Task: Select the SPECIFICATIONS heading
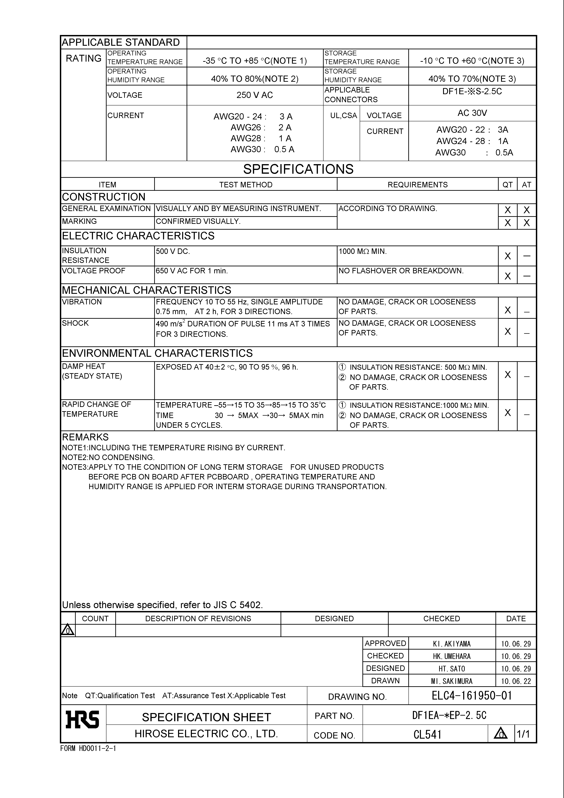tap(298, 169)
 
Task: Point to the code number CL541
tap(427, 734)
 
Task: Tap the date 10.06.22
tap(516, 681)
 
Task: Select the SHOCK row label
tap(75, 323)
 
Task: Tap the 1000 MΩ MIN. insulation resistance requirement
tap(362, 251)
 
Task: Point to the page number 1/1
tap(523, 734)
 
